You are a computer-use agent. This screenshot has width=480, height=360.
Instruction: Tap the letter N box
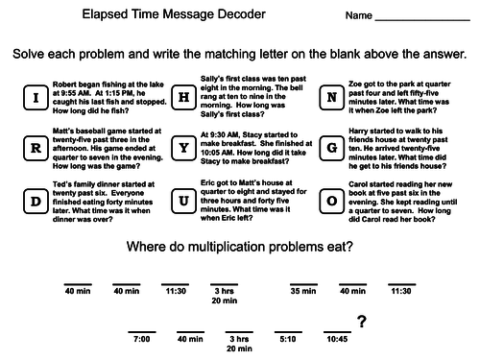(x=332, y=98)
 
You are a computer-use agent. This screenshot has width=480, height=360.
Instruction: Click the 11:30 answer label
(x=175, y=290)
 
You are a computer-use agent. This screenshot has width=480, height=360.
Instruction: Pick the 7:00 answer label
(x=142, y=339)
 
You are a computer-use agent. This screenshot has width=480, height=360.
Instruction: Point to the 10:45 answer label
(x=336, y=339)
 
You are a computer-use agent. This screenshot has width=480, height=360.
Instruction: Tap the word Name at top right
(x=358, y=17)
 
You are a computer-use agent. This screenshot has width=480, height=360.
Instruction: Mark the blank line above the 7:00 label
(x=142, y=330)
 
